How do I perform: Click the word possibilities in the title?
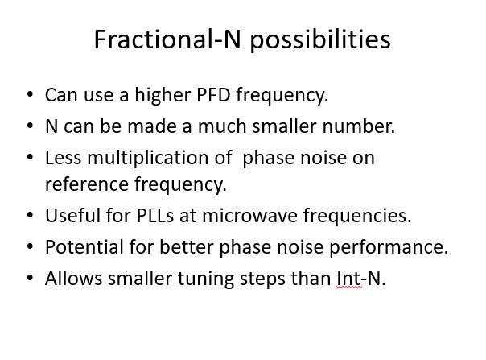pyautogui.click(x=320, y=40)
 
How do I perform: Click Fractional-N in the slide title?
pyautogui.click(x=167, y=39)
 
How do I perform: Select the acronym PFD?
pyautogui.click(x=214, y=95)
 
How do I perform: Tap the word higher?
pyautogui.click(x=163, y=95)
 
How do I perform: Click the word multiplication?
pyautogui.click(x=159, y=159)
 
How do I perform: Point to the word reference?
pyautogui.click(x=87, y=184)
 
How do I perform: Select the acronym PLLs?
pyautogui.click(x=155, y=215)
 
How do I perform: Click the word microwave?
pyautogui.click(x=249, y=216)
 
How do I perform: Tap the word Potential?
pyautogui.click(x=84, y=247)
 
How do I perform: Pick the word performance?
pyautogui.click(x=389, y=248)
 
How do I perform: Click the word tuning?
pyautogui.click(x=205, y=279)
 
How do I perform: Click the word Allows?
pyautogui.click(x=73, y=279)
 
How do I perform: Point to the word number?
pyautogui.click(x=359, y=126)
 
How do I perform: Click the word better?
pyautogui.click(x=187, y=247)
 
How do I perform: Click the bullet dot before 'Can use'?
pyautogui.click(x=30, y=93)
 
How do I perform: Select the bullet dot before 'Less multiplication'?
pyautogui.click(x=30, y=157)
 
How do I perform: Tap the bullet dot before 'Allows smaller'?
pyautogui.click(x=30, y=277)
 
